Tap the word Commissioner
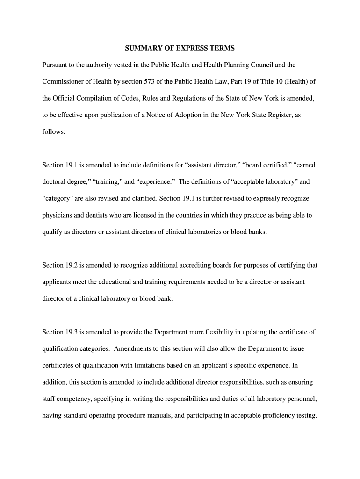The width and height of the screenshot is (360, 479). click(x=65, y=81)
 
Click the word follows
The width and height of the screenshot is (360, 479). click(x=54, y=132)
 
